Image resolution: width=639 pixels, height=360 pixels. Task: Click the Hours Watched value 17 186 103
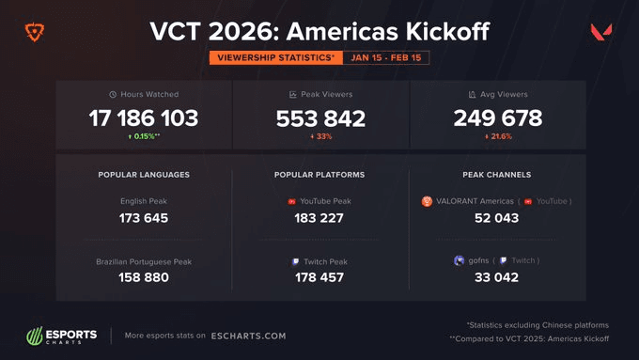(x=144, y=118)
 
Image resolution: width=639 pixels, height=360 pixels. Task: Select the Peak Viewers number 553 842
(x=320, y=118)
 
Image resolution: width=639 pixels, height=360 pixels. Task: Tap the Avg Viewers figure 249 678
(x=498, y=118)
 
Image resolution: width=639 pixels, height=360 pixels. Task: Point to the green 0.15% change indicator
(x=144, y=137)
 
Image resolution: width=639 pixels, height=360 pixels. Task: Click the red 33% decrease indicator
(x=320, y=137)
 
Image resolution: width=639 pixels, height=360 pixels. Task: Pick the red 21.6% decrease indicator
(x=498, y=137)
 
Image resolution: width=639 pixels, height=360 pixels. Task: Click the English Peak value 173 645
(x=144, y=218)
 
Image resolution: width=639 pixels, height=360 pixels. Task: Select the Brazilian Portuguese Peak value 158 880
(x=144, y=277)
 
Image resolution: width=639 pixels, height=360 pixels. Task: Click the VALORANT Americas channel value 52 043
(x=497, y=218)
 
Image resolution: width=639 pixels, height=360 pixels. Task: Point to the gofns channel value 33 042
(x=497, y=277)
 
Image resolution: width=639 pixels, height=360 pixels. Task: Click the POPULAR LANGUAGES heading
(x=144, y=175)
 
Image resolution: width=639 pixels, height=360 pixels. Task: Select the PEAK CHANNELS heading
(x=497, y=175)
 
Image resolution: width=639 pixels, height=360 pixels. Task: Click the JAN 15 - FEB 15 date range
(x=386, y=57)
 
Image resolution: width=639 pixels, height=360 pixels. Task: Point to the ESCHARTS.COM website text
(x=248, y=336)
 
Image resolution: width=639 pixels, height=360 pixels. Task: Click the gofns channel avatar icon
(x=459, y=260)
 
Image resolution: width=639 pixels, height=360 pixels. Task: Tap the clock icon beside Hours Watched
(x=113, y=95)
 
